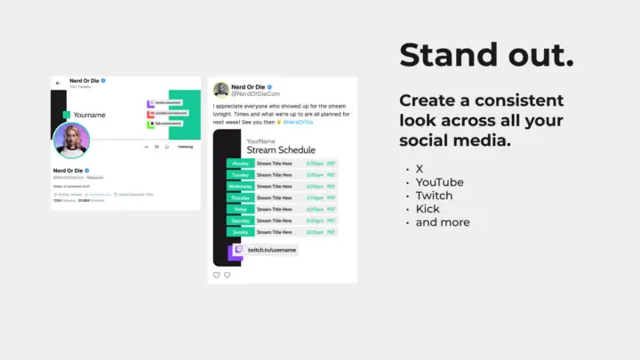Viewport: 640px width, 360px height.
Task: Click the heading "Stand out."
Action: [486, 55]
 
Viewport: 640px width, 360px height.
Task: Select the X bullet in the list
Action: [420, 168]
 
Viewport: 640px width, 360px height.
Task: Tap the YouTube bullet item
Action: [439, 182]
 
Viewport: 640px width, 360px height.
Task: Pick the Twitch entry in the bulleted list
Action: [434, 196]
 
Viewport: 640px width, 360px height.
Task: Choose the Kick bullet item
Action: [427, 209]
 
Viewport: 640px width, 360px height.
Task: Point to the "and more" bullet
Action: [443, 222]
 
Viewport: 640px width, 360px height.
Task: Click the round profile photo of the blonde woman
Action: [71, 141]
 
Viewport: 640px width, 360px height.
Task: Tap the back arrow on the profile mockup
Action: [58, 83]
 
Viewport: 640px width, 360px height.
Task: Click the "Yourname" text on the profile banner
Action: [90, 115]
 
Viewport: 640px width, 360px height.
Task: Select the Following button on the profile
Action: [185, 147]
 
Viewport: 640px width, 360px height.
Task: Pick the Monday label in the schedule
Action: [240, 164]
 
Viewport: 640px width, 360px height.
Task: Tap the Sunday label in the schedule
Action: [240, 232]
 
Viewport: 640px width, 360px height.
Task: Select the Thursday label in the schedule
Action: [240, 197]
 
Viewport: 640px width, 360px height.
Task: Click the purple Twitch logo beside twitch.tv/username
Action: [236, 252]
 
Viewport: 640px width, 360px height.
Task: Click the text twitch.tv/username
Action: [271, 252]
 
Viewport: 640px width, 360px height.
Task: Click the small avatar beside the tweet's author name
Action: [221, 90]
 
